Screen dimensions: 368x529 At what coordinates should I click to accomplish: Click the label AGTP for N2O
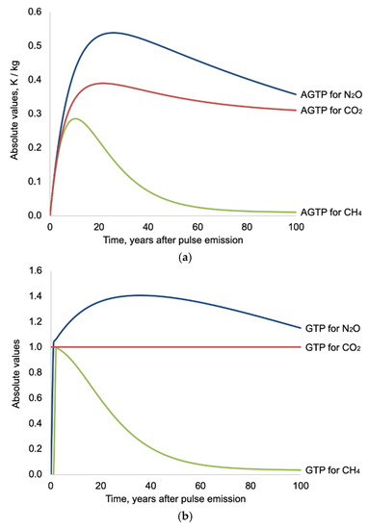coord(331,94)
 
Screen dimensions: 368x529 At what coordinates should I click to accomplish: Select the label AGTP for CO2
coord(331,111)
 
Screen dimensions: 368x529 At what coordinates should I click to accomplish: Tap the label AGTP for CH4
coord(331,213)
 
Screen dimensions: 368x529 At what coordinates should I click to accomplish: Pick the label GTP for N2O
coord(333,328)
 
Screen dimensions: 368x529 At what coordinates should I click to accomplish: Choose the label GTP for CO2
coord(333,347)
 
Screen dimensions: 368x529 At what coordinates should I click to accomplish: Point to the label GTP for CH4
coord(333,470)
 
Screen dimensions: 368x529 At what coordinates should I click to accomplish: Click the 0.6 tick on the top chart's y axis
coord(35,13)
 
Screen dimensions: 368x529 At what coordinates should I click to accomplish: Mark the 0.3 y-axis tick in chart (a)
coord(35,113)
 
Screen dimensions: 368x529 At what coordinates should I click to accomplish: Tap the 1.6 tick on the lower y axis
coord(36,271)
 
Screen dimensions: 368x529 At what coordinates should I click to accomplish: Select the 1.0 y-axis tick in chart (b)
coord(36,347)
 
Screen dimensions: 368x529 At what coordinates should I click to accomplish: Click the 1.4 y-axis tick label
coord(36,296)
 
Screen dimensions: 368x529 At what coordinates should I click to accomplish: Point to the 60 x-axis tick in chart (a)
coord(197,227)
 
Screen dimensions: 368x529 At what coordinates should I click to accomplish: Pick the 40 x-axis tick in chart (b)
coord(150,486)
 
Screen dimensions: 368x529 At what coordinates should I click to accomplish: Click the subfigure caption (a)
coord(185,258)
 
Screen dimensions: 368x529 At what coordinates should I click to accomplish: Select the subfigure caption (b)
coord(185,516)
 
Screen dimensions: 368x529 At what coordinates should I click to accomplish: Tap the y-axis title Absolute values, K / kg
coord(14,110)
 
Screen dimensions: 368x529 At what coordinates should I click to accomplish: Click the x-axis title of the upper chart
coord(173,240)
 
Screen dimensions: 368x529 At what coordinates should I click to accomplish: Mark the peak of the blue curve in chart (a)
coord(114,33)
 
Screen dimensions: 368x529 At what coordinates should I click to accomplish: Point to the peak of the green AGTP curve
coord(75,118)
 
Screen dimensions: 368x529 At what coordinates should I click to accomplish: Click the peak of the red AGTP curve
coord(103,83)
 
